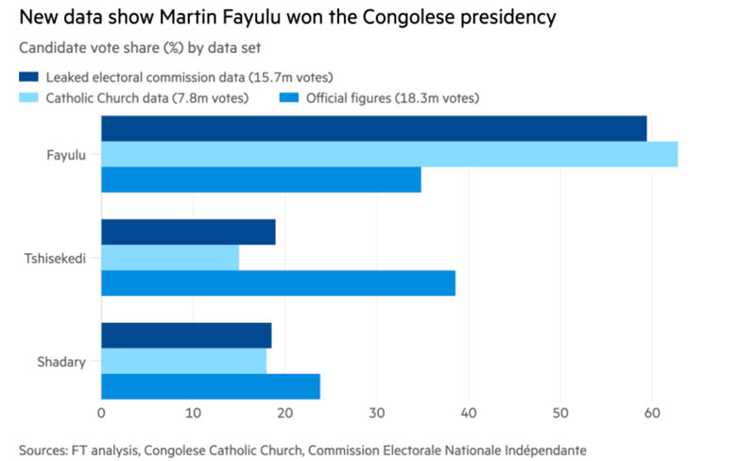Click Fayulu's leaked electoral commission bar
[373, 128]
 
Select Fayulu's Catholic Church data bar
[389, 154]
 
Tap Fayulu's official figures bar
[261, 179]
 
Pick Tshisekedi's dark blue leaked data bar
[188, 232]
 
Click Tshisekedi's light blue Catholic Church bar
[170, 258]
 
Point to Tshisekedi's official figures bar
[278, 283]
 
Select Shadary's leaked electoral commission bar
[186, 335]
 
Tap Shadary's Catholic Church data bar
[183, 361]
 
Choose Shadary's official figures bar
[211, 386]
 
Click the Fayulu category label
[66, 155]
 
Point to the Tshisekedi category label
[55, 259]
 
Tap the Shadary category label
[61, 362]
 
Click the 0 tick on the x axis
[101, 413]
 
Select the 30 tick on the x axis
[377, 413]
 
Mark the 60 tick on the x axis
[652, 413]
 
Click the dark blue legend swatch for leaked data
[29, 77]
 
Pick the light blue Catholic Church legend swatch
[29, 97]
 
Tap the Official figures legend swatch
[289, 97]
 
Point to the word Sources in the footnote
[43, 451]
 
